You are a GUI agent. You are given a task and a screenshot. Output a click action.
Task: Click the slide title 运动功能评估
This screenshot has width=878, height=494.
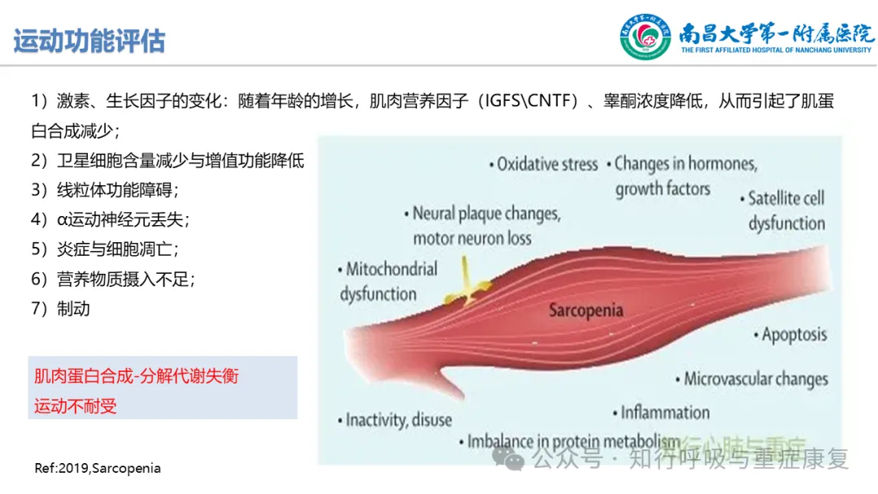point(89,41)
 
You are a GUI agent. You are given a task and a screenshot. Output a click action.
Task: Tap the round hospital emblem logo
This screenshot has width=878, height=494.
point(645,37)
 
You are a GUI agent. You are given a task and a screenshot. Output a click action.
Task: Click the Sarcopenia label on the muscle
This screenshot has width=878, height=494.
point(585,310)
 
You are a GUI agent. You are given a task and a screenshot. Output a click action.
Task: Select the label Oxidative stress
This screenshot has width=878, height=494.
point(543,164)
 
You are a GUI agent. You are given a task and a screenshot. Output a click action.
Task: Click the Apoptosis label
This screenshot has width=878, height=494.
point(790,335)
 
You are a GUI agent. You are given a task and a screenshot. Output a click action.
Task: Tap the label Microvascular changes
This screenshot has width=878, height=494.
point(751,379)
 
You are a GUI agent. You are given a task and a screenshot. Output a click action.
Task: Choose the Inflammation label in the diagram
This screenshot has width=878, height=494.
point(661,413)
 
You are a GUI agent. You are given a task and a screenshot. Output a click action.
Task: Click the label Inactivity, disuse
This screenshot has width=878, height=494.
point(395,420)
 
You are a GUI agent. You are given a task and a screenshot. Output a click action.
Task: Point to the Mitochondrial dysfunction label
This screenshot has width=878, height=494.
point(388,281)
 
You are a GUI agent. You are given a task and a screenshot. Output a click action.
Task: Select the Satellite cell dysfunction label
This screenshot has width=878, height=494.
point(783,211)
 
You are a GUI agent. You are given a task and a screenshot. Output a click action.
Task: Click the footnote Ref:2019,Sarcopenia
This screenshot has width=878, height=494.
point(98,468)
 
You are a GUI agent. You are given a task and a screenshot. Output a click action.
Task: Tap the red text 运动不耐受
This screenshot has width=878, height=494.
point(76,406)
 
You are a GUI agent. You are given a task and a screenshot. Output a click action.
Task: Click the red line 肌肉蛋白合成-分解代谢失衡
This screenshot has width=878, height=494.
point(137,376)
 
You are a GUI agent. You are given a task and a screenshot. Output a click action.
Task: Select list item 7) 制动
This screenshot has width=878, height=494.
point(60,309)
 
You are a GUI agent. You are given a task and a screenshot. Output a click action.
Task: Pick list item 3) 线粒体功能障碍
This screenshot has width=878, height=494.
point(105,190)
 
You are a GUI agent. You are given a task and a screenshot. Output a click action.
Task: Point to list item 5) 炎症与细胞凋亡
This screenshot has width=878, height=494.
point(105,249)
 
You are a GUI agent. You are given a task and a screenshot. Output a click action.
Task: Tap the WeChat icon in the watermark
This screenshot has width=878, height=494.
point(508,458)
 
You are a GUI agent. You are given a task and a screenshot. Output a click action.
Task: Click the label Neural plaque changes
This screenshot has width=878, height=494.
point(482,214)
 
